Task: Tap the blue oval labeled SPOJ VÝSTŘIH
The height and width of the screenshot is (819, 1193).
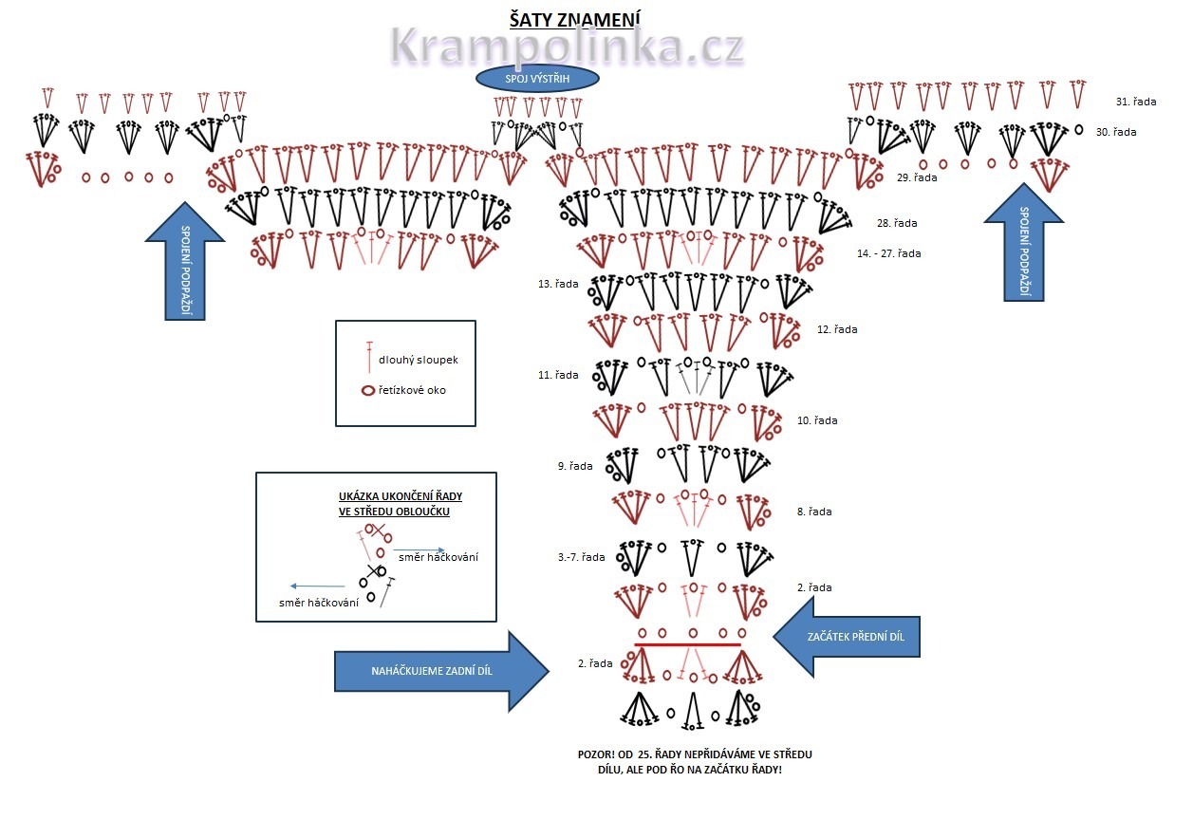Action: click(x=537, y=79)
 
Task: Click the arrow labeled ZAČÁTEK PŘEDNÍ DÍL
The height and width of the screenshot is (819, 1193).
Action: click(x=847, y=637)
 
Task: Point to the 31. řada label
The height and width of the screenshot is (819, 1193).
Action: click(x=1136, y=102)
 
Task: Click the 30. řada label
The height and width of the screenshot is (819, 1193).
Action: click(x=1116, y=132)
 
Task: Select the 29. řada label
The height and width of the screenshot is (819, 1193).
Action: click(x=917, y=177)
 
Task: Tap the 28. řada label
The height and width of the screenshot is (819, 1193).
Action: click(x=897, y=223)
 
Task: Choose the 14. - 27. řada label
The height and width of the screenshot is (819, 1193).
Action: click(x=888, y=253)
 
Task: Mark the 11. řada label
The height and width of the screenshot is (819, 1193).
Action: click(x=558, y=375)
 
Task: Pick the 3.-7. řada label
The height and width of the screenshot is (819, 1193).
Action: click(x=581, y=557)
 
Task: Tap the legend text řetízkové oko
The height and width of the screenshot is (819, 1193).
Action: click(x=412, y=390)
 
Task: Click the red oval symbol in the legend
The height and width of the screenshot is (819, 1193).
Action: click(x=369, y=391)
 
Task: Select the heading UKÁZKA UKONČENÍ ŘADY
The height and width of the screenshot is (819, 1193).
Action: click(x=401, y=496)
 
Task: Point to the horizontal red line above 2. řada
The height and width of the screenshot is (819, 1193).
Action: click(x=687, y=644)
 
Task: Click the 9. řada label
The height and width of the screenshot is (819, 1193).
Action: click(x=575, y=466)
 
